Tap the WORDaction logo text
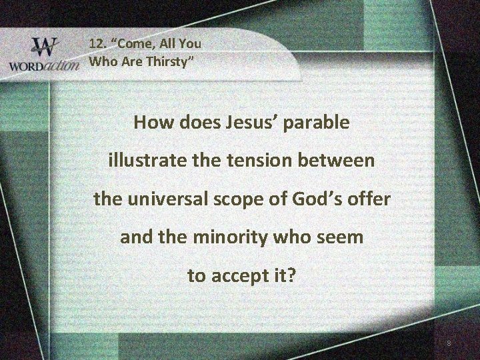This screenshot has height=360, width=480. pyautogui.click(x=41, y=67)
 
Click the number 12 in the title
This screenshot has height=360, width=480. pyautogui.click(x=98, y=44)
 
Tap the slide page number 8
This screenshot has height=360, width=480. pyautogui.click(x=449, y=344)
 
